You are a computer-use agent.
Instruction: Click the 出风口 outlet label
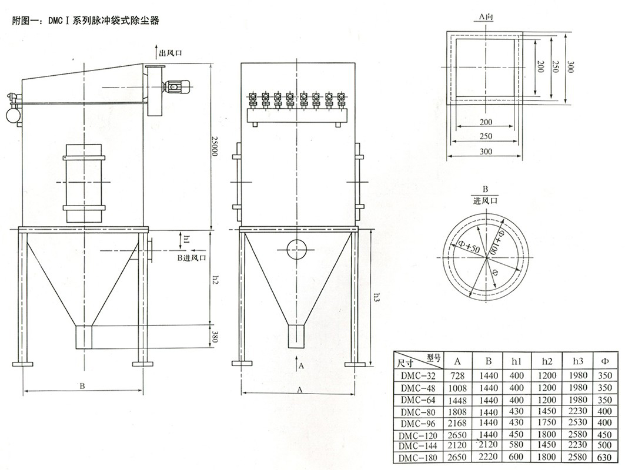pos(171,53)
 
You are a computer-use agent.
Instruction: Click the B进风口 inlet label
pos(192,258)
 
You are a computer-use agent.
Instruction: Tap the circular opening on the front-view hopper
pos(297,249)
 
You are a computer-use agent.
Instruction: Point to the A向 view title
pos(486,18)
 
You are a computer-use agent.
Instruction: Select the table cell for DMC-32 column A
pos(458,375)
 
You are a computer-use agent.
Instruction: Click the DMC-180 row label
pos(418,458)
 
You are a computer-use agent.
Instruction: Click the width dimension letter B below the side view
pos(82,386)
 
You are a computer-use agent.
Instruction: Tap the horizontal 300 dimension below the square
pos(485,151)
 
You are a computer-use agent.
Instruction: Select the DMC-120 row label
pos(418,435)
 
